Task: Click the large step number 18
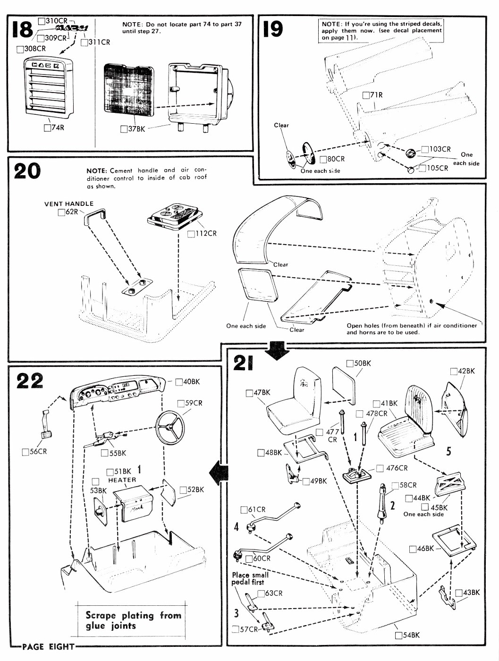[22, 29]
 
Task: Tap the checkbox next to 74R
[47, 128]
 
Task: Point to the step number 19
[273, 29]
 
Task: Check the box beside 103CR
[425, 149]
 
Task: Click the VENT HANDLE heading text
[69, 204]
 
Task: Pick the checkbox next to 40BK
[179, 382]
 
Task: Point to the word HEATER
[122, 480]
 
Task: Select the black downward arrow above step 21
[278, 351]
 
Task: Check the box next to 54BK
[398, 636]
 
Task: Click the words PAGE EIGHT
[48, 646]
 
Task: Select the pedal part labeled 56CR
[45, 425]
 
